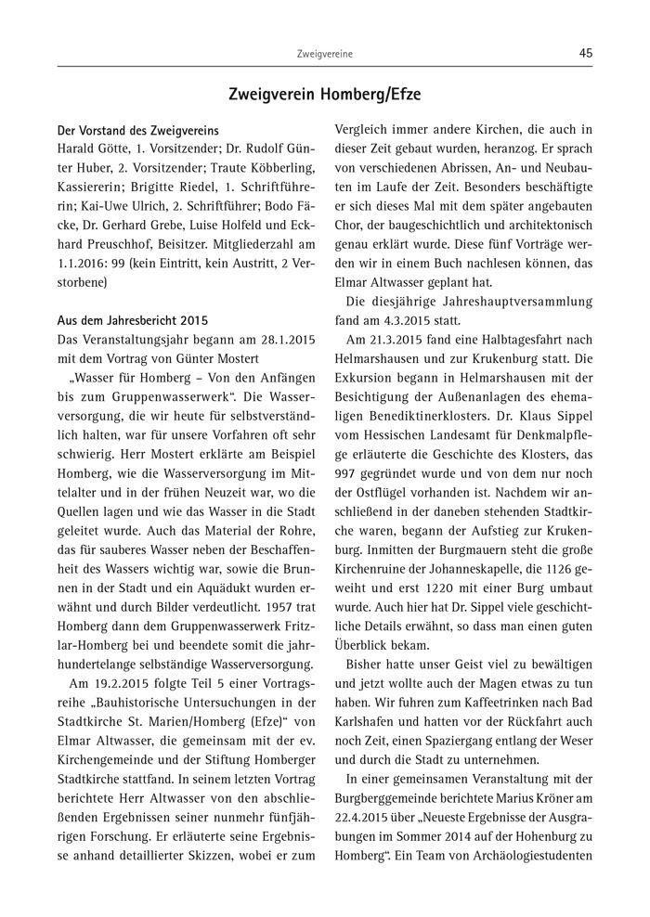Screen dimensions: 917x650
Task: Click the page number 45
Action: click(585, 54)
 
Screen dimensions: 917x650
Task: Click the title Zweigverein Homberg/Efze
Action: click(325, 94)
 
